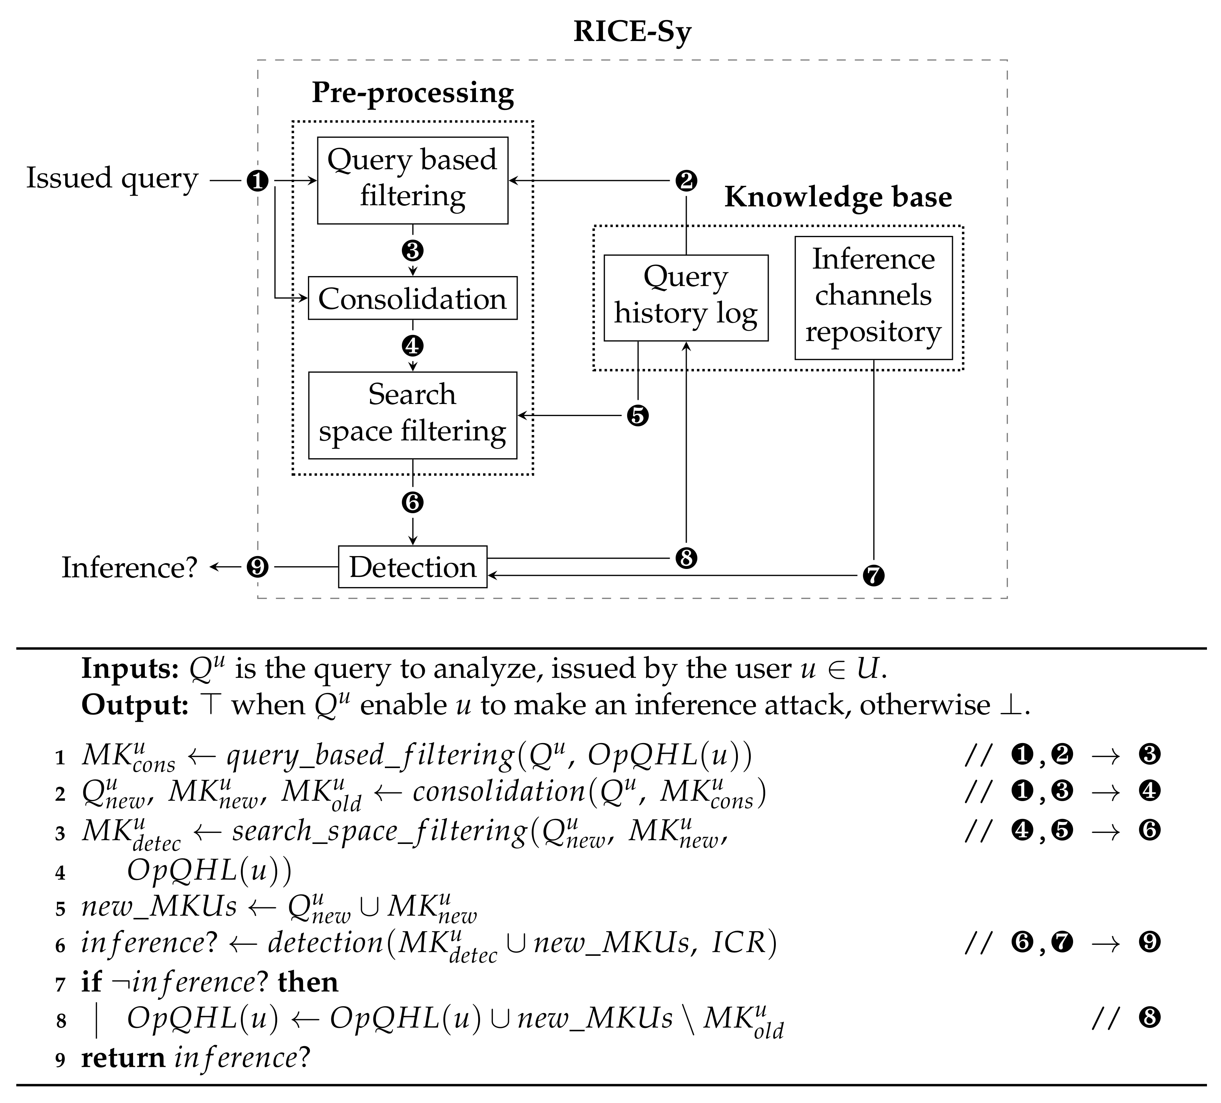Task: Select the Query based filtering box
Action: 413,180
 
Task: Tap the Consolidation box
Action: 413,298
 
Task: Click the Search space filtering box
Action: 413,415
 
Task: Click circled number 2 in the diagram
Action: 686,181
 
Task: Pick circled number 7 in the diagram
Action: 873,575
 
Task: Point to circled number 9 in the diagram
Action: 257,567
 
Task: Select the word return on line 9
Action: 123,1057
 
